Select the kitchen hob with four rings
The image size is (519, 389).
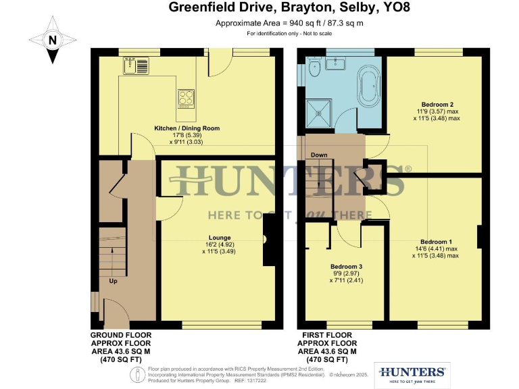187,99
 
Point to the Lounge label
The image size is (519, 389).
220,238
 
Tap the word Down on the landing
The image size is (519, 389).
319,155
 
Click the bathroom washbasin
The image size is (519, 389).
336,63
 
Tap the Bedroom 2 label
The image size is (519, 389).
436,105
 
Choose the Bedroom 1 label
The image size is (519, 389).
436,242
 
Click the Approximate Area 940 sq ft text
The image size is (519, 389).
260,23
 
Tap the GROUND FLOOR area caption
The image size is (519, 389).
120,347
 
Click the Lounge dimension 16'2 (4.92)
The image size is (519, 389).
220,245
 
